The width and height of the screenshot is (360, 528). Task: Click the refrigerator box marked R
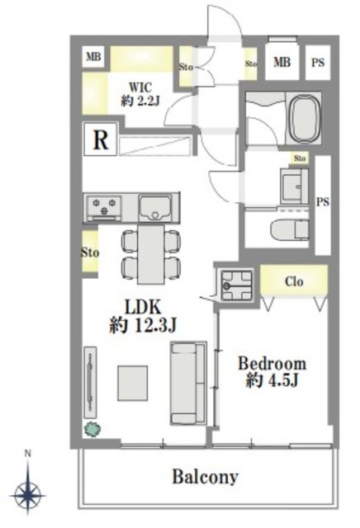pyautogui.click(x=101, y=139)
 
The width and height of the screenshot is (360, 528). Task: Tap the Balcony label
pyautogui.click(x=206, y=477)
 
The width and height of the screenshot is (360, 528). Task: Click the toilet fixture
pyautogui.click(x=290, y=230)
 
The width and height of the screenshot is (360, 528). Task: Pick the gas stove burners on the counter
pyautogui.click(x=104, y=208)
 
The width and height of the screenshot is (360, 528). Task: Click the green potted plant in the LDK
pyautogui.click(x=92, y=429)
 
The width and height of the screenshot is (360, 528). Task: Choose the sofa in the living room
pyautogui.click(x=188, y=383)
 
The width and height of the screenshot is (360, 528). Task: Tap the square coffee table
pyautogui.click(x=132, y=383)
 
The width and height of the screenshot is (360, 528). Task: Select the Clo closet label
pyautogui.click(x=294, y=281)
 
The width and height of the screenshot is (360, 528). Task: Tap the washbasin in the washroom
pyautogui.click(x=294, y=186)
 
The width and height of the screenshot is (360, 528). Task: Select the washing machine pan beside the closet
pyautogui.click(x=237, y=285)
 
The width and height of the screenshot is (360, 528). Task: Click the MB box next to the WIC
pyautogui.click(x=93, y=56)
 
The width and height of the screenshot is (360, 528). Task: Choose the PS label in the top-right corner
pyautogui.click(x=318, y=63)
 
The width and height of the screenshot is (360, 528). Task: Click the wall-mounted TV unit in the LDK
pyautogui.click(x=90, y=383)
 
